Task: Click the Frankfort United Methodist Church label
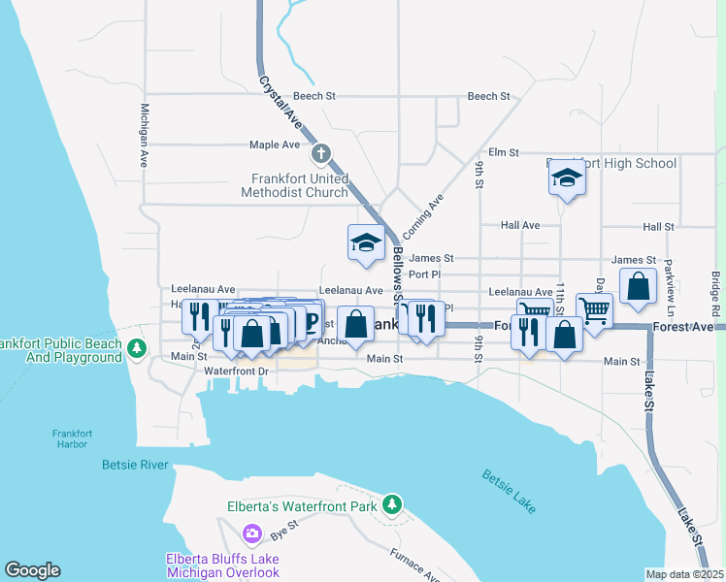299,185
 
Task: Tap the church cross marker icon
321,153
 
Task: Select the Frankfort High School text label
611,163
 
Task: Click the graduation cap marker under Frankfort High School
568,178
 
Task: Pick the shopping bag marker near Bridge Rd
638,287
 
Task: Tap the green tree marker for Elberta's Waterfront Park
391,503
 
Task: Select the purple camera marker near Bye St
252,533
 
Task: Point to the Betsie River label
135,465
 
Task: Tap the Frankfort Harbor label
69,438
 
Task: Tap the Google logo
32,570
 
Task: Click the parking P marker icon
312,320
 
